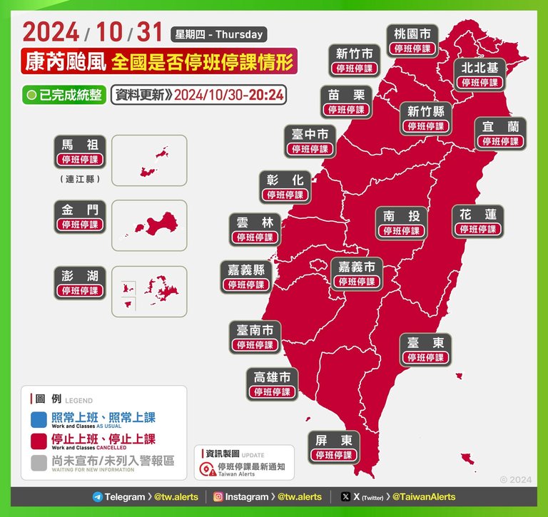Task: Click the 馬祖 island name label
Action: coord(81,144)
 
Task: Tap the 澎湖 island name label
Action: coord(81,275)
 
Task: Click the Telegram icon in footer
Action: coord(98,497)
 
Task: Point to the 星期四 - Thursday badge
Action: coord(218,34)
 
